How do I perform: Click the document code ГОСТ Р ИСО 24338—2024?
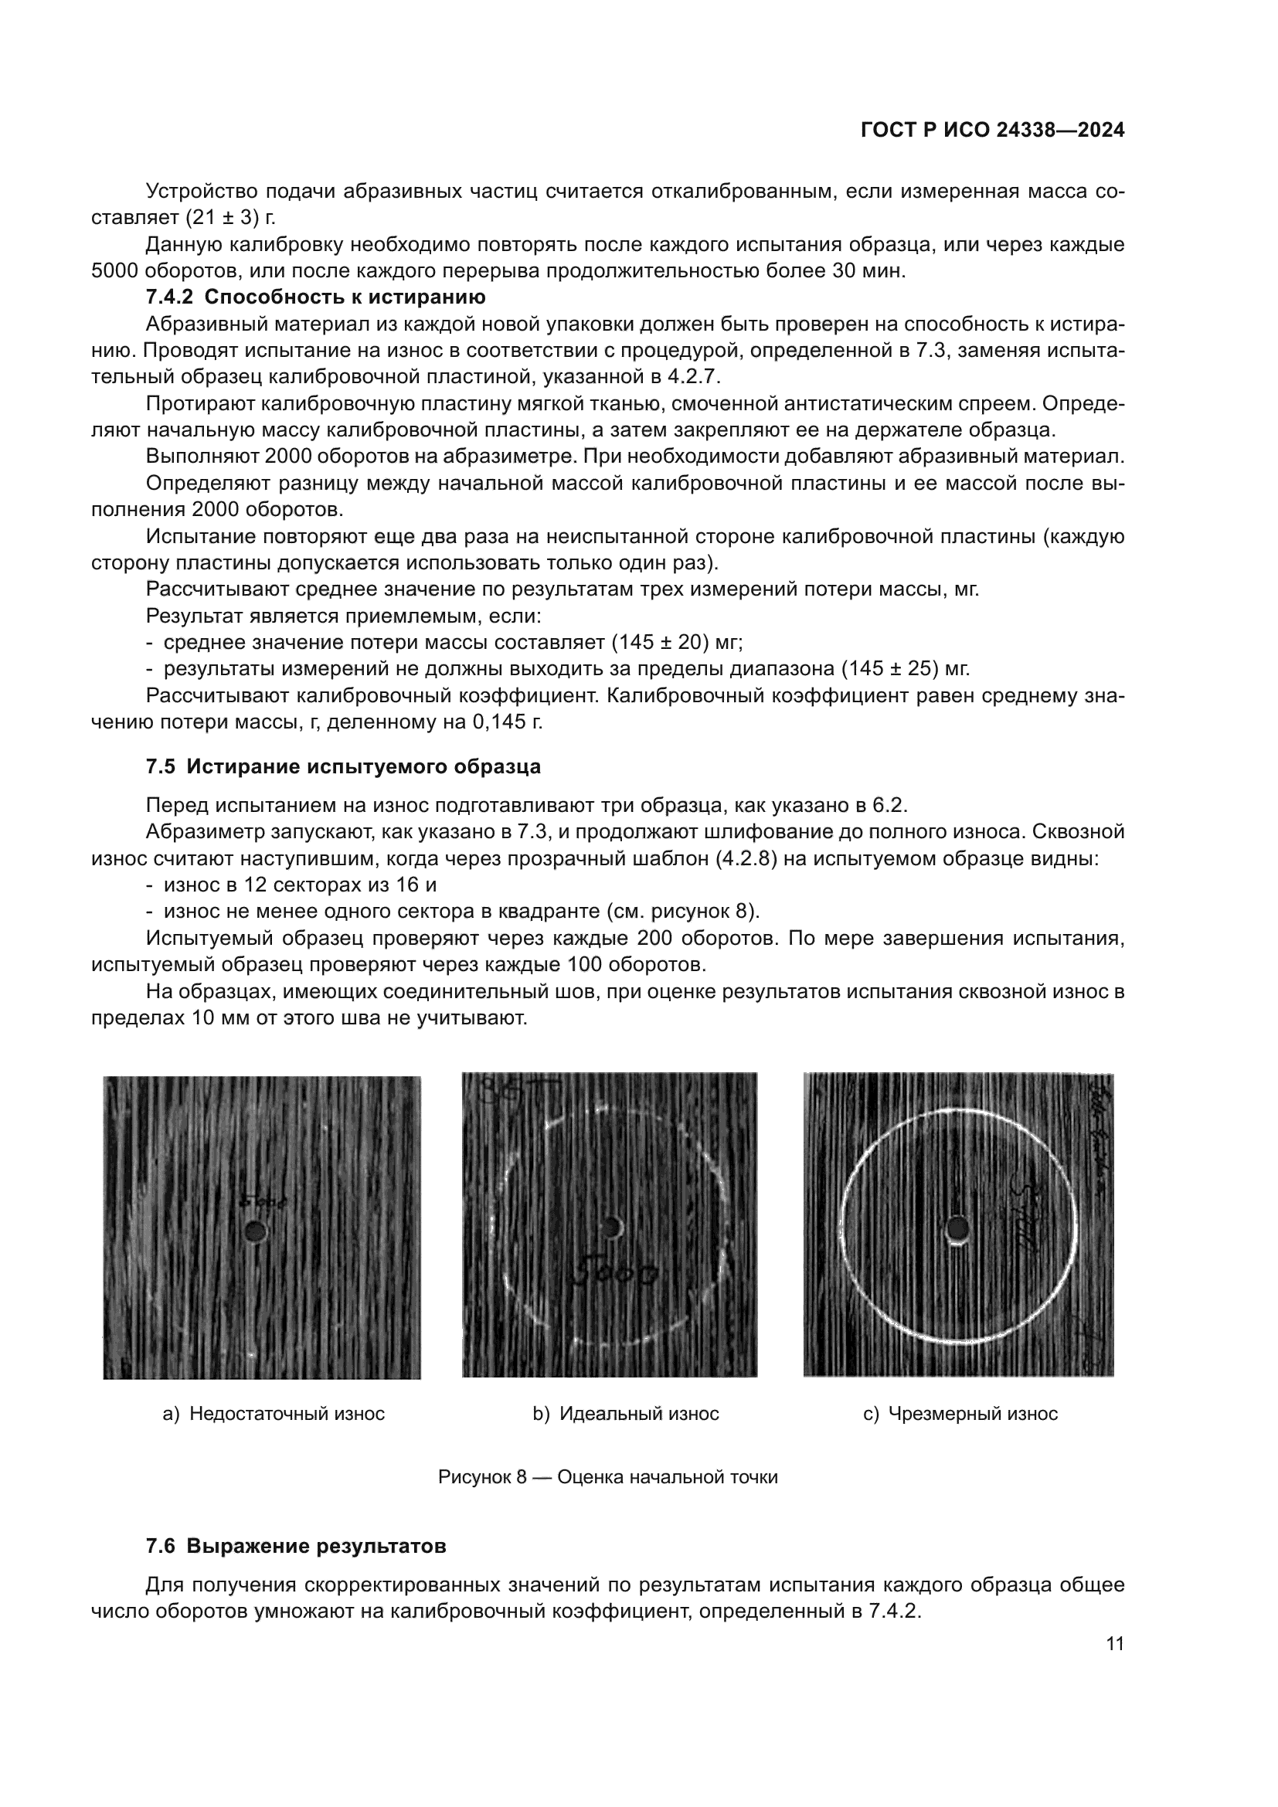[x=992, y=131]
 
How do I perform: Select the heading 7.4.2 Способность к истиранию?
[x=315, y=297]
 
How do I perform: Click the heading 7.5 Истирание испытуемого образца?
[x=343, y=766]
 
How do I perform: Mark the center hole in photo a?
[x=254, y=1231]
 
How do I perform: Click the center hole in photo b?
[x=610, y=1226]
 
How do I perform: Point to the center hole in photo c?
[x=957, y=1228]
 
